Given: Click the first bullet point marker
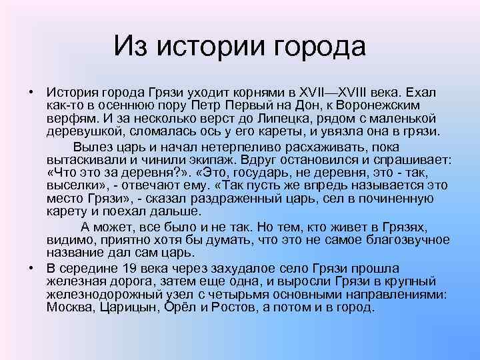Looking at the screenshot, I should pos(31,91).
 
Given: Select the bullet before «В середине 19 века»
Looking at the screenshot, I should pos(31,267).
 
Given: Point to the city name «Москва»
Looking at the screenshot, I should pos(70,308).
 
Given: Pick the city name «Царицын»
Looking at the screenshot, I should pos(130,308).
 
